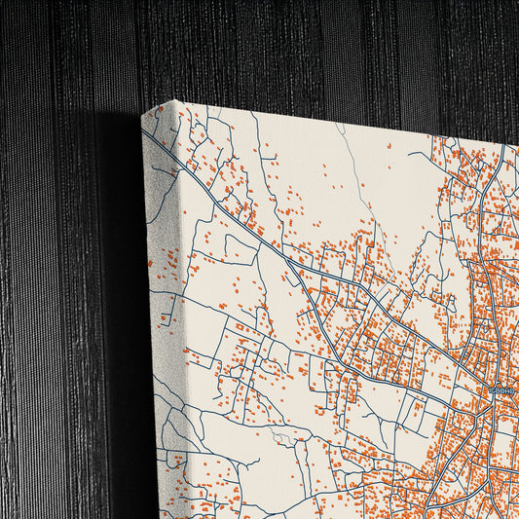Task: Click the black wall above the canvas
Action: point(292,49)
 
